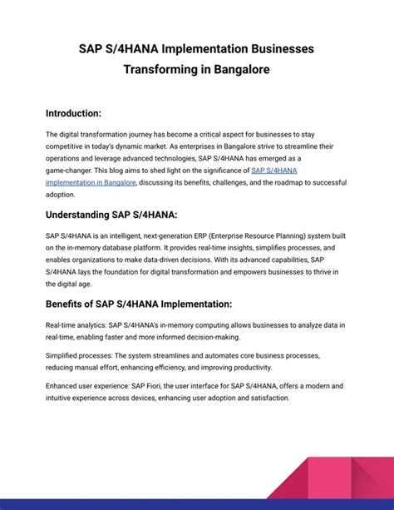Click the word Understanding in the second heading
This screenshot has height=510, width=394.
pos(77,215)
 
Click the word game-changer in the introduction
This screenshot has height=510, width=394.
pos(71,170)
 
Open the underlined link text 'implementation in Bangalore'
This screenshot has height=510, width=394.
pos(92,181)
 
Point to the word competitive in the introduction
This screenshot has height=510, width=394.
pos(66,145)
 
